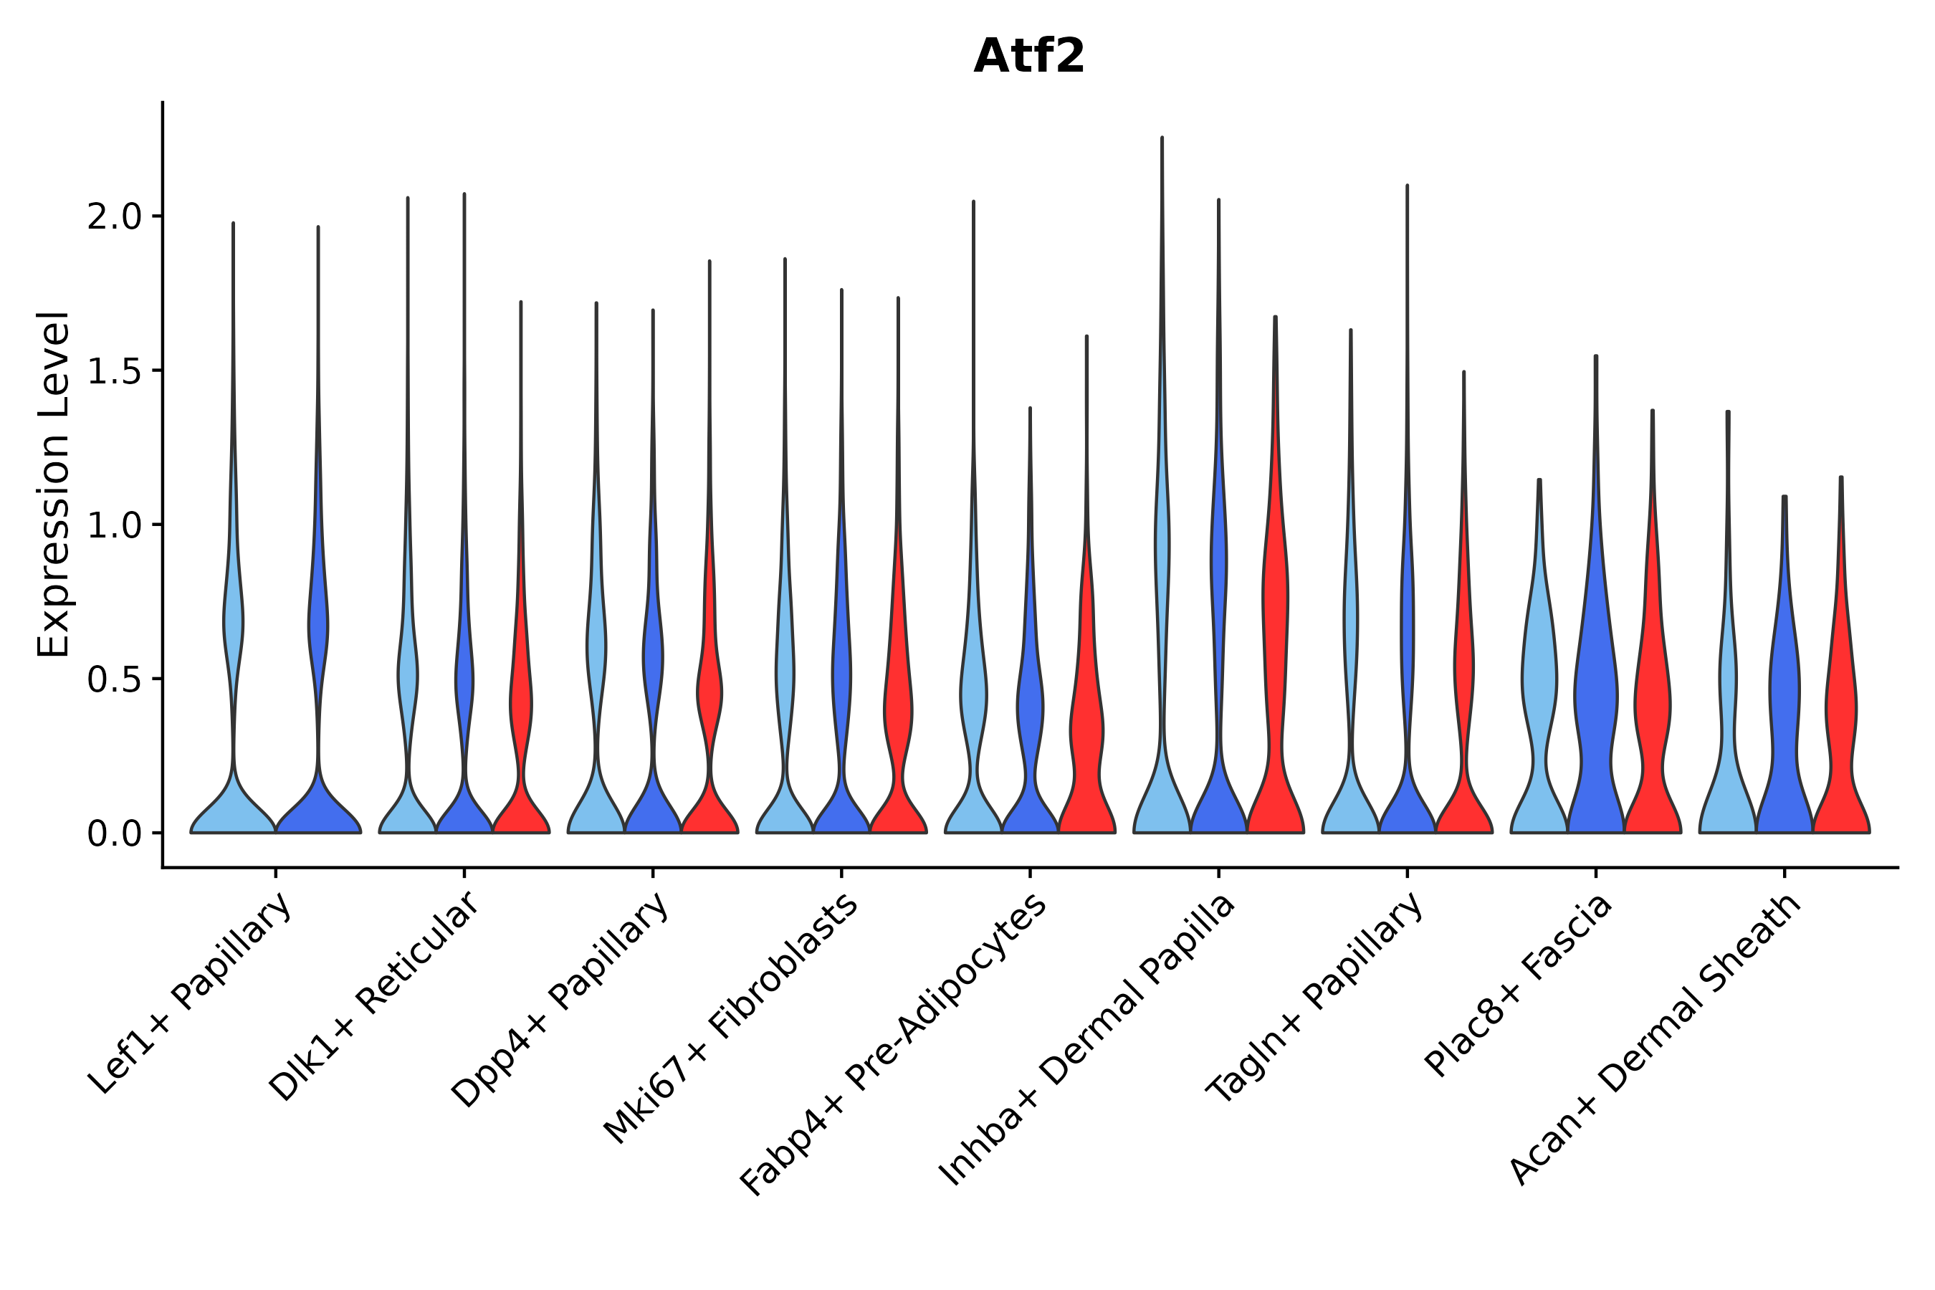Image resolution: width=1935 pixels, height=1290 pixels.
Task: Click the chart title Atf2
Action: [x=1028, y=57]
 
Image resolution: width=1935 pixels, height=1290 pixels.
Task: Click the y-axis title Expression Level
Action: [x=54, y=484]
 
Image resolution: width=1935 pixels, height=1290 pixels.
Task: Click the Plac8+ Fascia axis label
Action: [x=1519, y=985]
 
